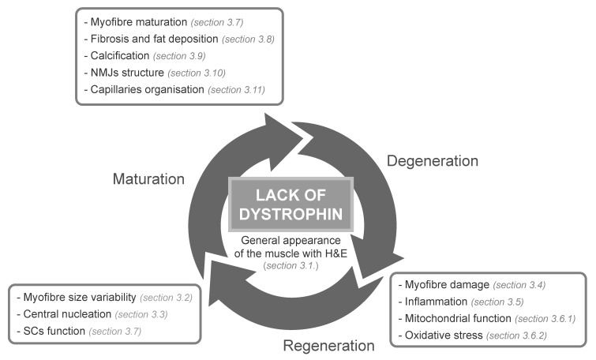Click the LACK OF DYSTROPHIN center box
[x=291, y=204]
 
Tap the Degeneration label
[x=433, y=161]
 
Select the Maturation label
[x=148, y=178]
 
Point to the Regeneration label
[x=329, y=346]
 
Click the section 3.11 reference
[x=236, y=90]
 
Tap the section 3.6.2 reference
[x=516, y=336]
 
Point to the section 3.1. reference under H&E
[x=291, y=266]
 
